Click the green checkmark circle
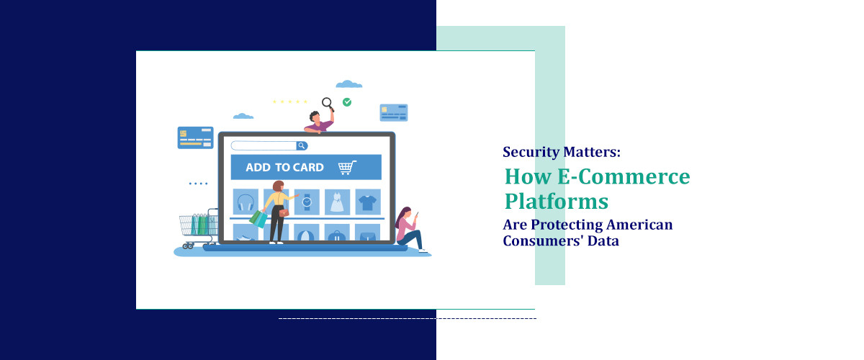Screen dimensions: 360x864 point(347,102)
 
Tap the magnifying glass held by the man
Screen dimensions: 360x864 point(327,103)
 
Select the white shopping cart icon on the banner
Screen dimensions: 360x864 point(347,167)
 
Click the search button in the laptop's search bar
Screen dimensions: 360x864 point(302,145)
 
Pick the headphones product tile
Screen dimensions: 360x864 point(246,202)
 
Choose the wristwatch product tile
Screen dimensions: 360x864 point(307,202)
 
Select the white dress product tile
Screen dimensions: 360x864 point(337,202)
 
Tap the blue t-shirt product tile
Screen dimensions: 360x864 point(367,202)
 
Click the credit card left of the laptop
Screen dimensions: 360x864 point(195,138)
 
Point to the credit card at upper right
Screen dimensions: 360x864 point(394,112)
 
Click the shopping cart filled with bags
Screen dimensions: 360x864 point(198,226)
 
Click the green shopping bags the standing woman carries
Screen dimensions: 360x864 point(258,218)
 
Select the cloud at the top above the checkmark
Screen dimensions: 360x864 point(349,84)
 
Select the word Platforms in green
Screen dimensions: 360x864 point(556,199)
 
